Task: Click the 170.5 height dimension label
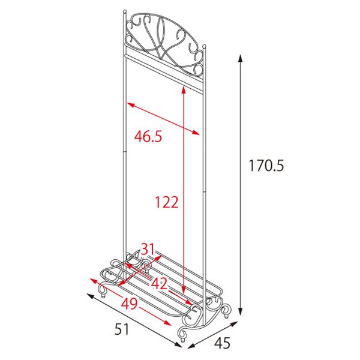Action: coord(266,166)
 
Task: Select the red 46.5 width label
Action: coord(148,136)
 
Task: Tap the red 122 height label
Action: coord(167,202)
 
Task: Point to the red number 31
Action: coord(148,249)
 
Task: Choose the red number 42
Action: coord(160,283)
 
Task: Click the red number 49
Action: coord(129,304)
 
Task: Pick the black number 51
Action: coord(122,329)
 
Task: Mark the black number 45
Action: coord(222,343)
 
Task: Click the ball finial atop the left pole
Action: coord(125,11)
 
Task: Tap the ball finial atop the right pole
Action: coord(205,46)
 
